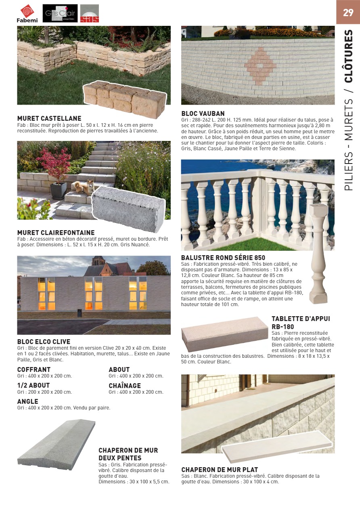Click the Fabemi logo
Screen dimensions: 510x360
tap(27, 13)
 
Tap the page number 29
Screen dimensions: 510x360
tap(348, 12)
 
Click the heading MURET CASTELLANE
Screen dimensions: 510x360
tap(49, 118)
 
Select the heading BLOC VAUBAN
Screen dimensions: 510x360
tap(203, 113)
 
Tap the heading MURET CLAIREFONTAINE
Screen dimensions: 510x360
tap(56, 233)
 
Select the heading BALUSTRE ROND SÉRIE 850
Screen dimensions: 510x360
tap(223, 258)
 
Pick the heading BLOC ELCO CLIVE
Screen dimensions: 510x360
tap(44, 342)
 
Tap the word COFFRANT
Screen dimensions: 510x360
tap(34, 369)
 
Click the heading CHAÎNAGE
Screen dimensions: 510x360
tap(125, 386)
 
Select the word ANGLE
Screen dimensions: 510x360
tap(28, 401)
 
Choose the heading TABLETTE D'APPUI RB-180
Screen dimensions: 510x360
tap(301, 323)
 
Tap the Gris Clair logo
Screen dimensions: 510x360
tap(60, 13)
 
